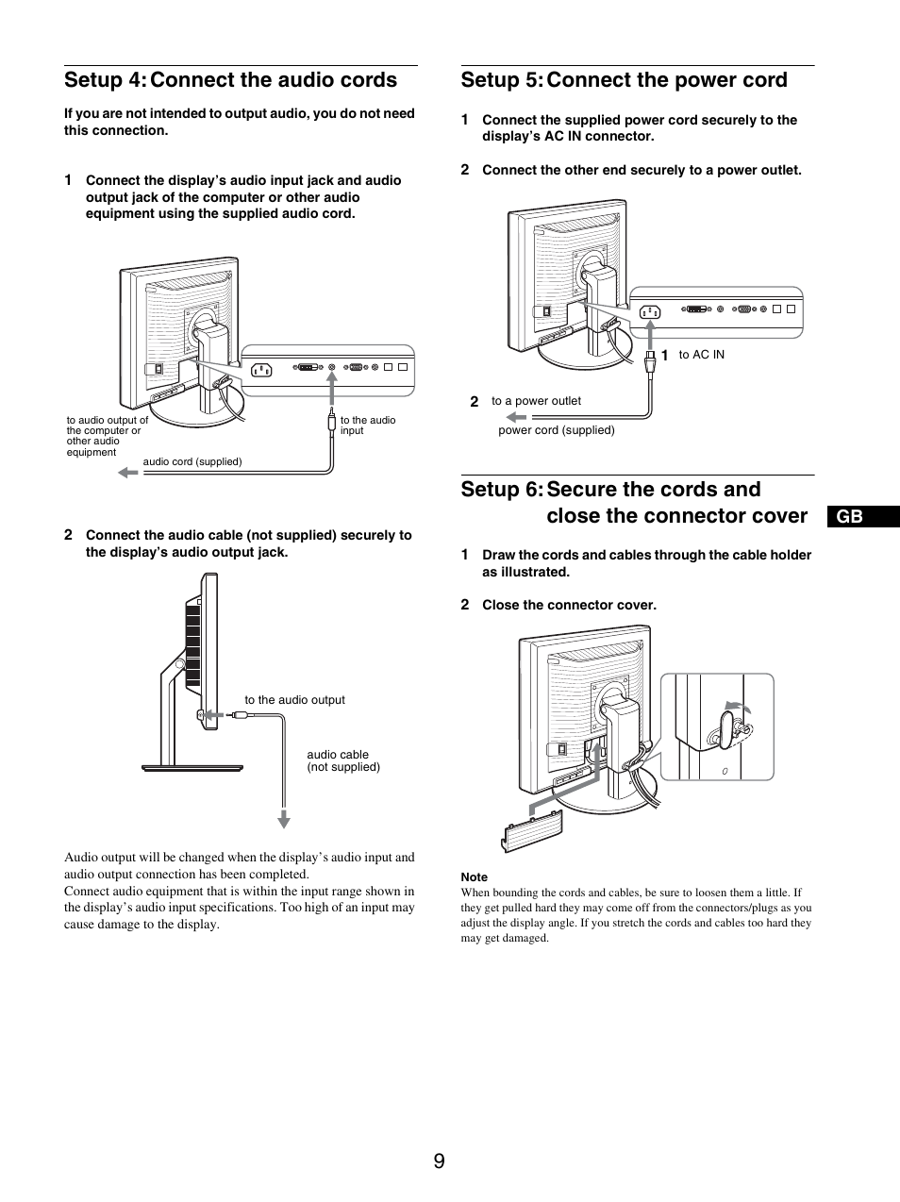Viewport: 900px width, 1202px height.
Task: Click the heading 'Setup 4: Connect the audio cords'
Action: tap(230, 80)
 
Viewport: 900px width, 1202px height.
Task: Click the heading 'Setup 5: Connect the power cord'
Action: tap(624, 80)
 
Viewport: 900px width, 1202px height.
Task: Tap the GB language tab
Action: tap(848, 516)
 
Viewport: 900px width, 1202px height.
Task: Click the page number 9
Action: tap(440, 1160)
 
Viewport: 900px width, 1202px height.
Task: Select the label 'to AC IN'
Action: tap(701, 355)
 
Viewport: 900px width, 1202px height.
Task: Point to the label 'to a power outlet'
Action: tap(535, 401)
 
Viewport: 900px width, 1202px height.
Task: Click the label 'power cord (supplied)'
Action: tap(556, 430)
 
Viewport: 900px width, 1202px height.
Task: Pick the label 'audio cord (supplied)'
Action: tap(192, 461)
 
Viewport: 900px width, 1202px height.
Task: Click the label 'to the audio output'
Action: tap(294, 700)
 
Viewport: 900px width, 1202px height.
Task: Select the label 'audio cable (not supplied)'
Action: tap(343, 760)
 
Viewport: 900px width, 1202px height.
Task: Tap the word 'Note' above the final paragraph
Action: tap(474, 876)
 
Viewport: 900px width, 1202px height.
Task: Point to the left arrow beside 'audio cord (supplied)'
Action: tap(127, 472)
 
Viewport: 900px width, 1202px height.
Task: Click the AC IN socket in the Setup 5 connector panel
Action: tap(650, 311)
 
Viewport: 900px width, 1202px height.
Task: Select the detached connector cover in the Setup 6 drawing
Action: tap(532, 831)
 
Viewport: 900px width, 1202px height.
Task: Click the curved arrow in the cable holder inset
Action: tap(738, 707)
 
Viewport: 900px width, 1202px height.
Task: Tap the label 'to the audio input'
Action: tap(368, 426)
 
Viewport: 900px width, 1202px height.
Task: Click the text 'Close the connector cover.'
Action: tap(569, 605)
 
